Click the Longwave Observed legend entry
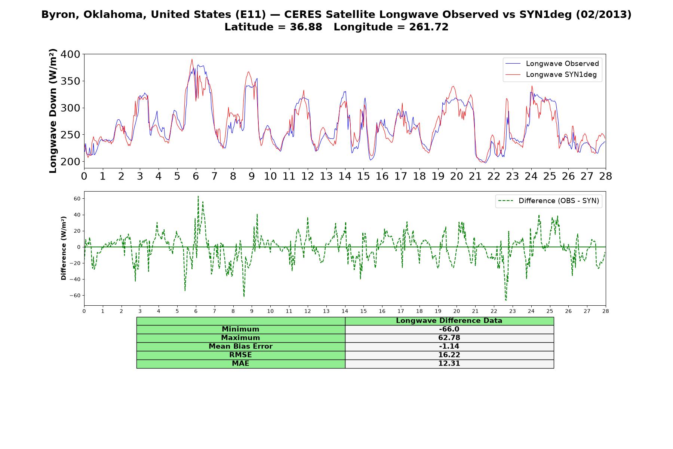(x=552, y=64)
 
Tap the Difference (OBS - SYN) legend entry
(x=549, y=201)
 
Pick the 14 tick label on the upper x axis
(x=345, y=176)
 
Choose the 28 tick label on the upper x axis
(x=605, y=176)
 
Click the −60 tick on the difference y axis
(x=75, y=296)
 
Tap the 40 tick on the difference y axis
(x=77, y=215)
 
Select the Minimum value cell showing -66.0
(x=449, y=329)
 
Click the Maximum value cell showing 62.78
(x=449, y=338)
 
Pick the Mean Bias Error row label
(x=240, y=346)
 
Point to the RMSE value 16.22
(x=449, y=355)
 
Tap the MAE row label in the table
(x=240, y=364)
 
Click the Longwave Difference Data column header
(x=449, y=321)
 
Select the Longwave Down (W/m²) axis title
(x=53, y=111)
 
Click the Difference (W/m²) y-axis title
(x=64, y=248)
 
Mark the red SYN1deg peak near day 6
(x=192, y=59)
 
